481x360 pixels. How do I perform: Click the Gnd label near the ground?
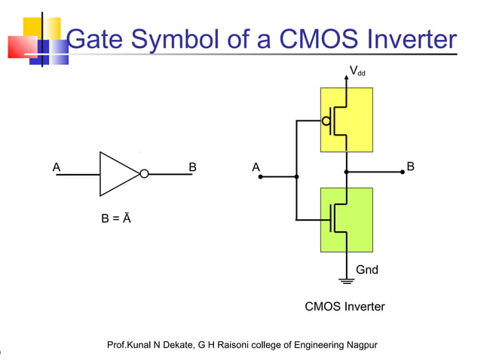tap(366, 270)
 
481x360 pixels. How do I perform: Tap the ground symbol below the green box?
tap(347, 282)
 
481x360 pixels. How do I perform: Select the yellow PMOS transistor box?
tap(346, 119)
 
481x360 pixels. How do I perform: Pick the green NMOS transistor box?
tap(346, 219)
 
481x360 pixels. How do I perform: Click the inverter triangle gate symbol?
tap(119, 174)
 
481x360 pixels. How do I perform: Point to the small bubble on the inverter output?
tap(144, 175)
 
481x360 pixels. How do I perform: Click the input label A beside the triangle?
tap(57, 166)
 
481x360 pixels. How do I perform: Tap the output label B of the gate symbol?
tap(192, 166)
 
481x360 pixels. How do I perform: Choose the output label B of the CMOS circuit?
tap(410, 166)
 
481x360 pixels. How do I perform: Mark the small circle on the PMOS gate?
tap(326, 120)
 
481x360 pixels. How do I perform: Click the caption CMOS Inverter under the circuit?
tap(345, 307)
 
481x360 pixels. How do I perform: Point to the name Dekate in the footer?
tap(175, 345)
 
